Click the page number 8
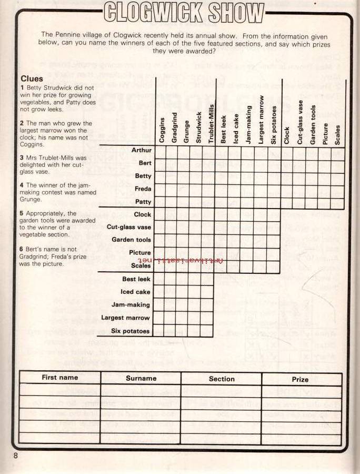click(16, 456)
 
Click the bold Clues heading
click(32, 78)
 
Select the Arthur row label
click(141, 151)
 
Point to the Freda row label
click(143, 189)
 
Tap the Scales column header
click(337, 134)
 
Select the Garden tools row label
click(131, 240)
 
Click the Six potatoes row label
click(130, 331)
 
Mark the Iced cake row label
click(135, 292)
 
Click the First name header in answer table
click(59, 378)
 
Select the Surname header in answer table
click(141, 378)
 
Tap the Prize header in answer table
click(300, 379)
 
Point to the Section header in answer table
click(222, 379)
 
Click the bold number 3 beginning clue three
click(22, 157)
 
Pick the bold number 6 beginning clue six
click(22, 249)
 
